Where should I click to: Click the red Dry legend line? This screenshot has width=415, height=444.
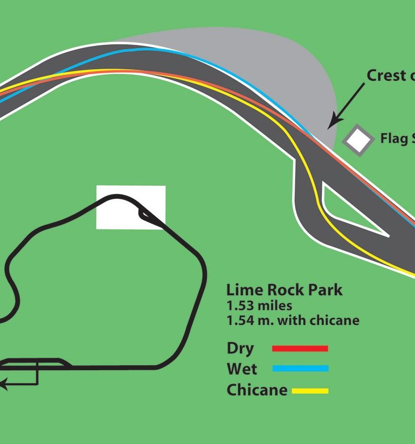(x=300, y=349)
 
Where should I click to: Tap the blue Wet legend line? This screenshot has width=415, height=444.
(x=300, y=369)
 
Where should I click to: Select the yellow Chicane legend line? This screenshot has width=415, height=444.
(x=310, y=391)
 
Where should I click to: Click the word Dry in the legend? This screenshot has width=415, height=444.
(x=240, y=349)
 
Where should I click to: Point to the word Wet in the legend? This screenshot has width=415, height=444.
(x=242, y=369)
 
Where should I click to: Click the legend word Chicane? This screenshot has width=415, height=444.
(x=257, y=390)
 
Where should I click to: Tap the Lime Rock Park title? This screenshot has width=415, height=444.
(x=284, y=290)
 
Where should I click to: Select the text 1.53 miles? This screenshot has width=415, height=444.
(x=259, y=306)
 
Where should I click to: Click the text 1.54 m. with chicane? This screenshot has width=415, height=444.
(x=293, y=321)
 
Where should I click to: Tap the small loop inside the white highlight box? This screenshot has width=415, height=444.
(x=145, y=214)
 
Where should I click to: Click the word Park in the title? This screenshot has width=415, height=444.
(x=323, y=290)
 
